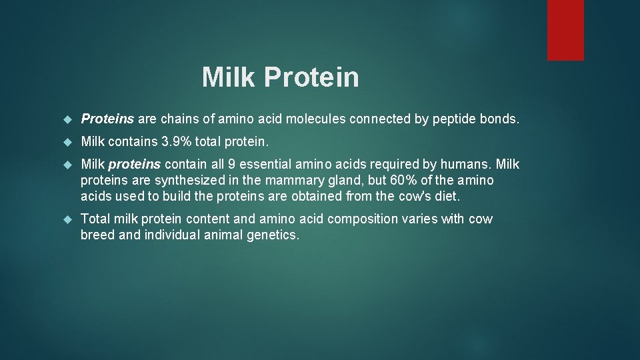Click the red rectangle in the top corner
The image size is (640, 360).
tap(565, 30)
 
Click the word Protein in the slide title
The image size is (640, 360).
tap(311, 77)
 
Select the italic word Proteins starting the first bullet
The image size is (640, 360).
tap(107, 119)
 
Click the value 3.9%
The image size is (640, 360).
tap(175, 142)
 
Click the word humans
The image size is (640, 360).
tap(467, 165)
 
